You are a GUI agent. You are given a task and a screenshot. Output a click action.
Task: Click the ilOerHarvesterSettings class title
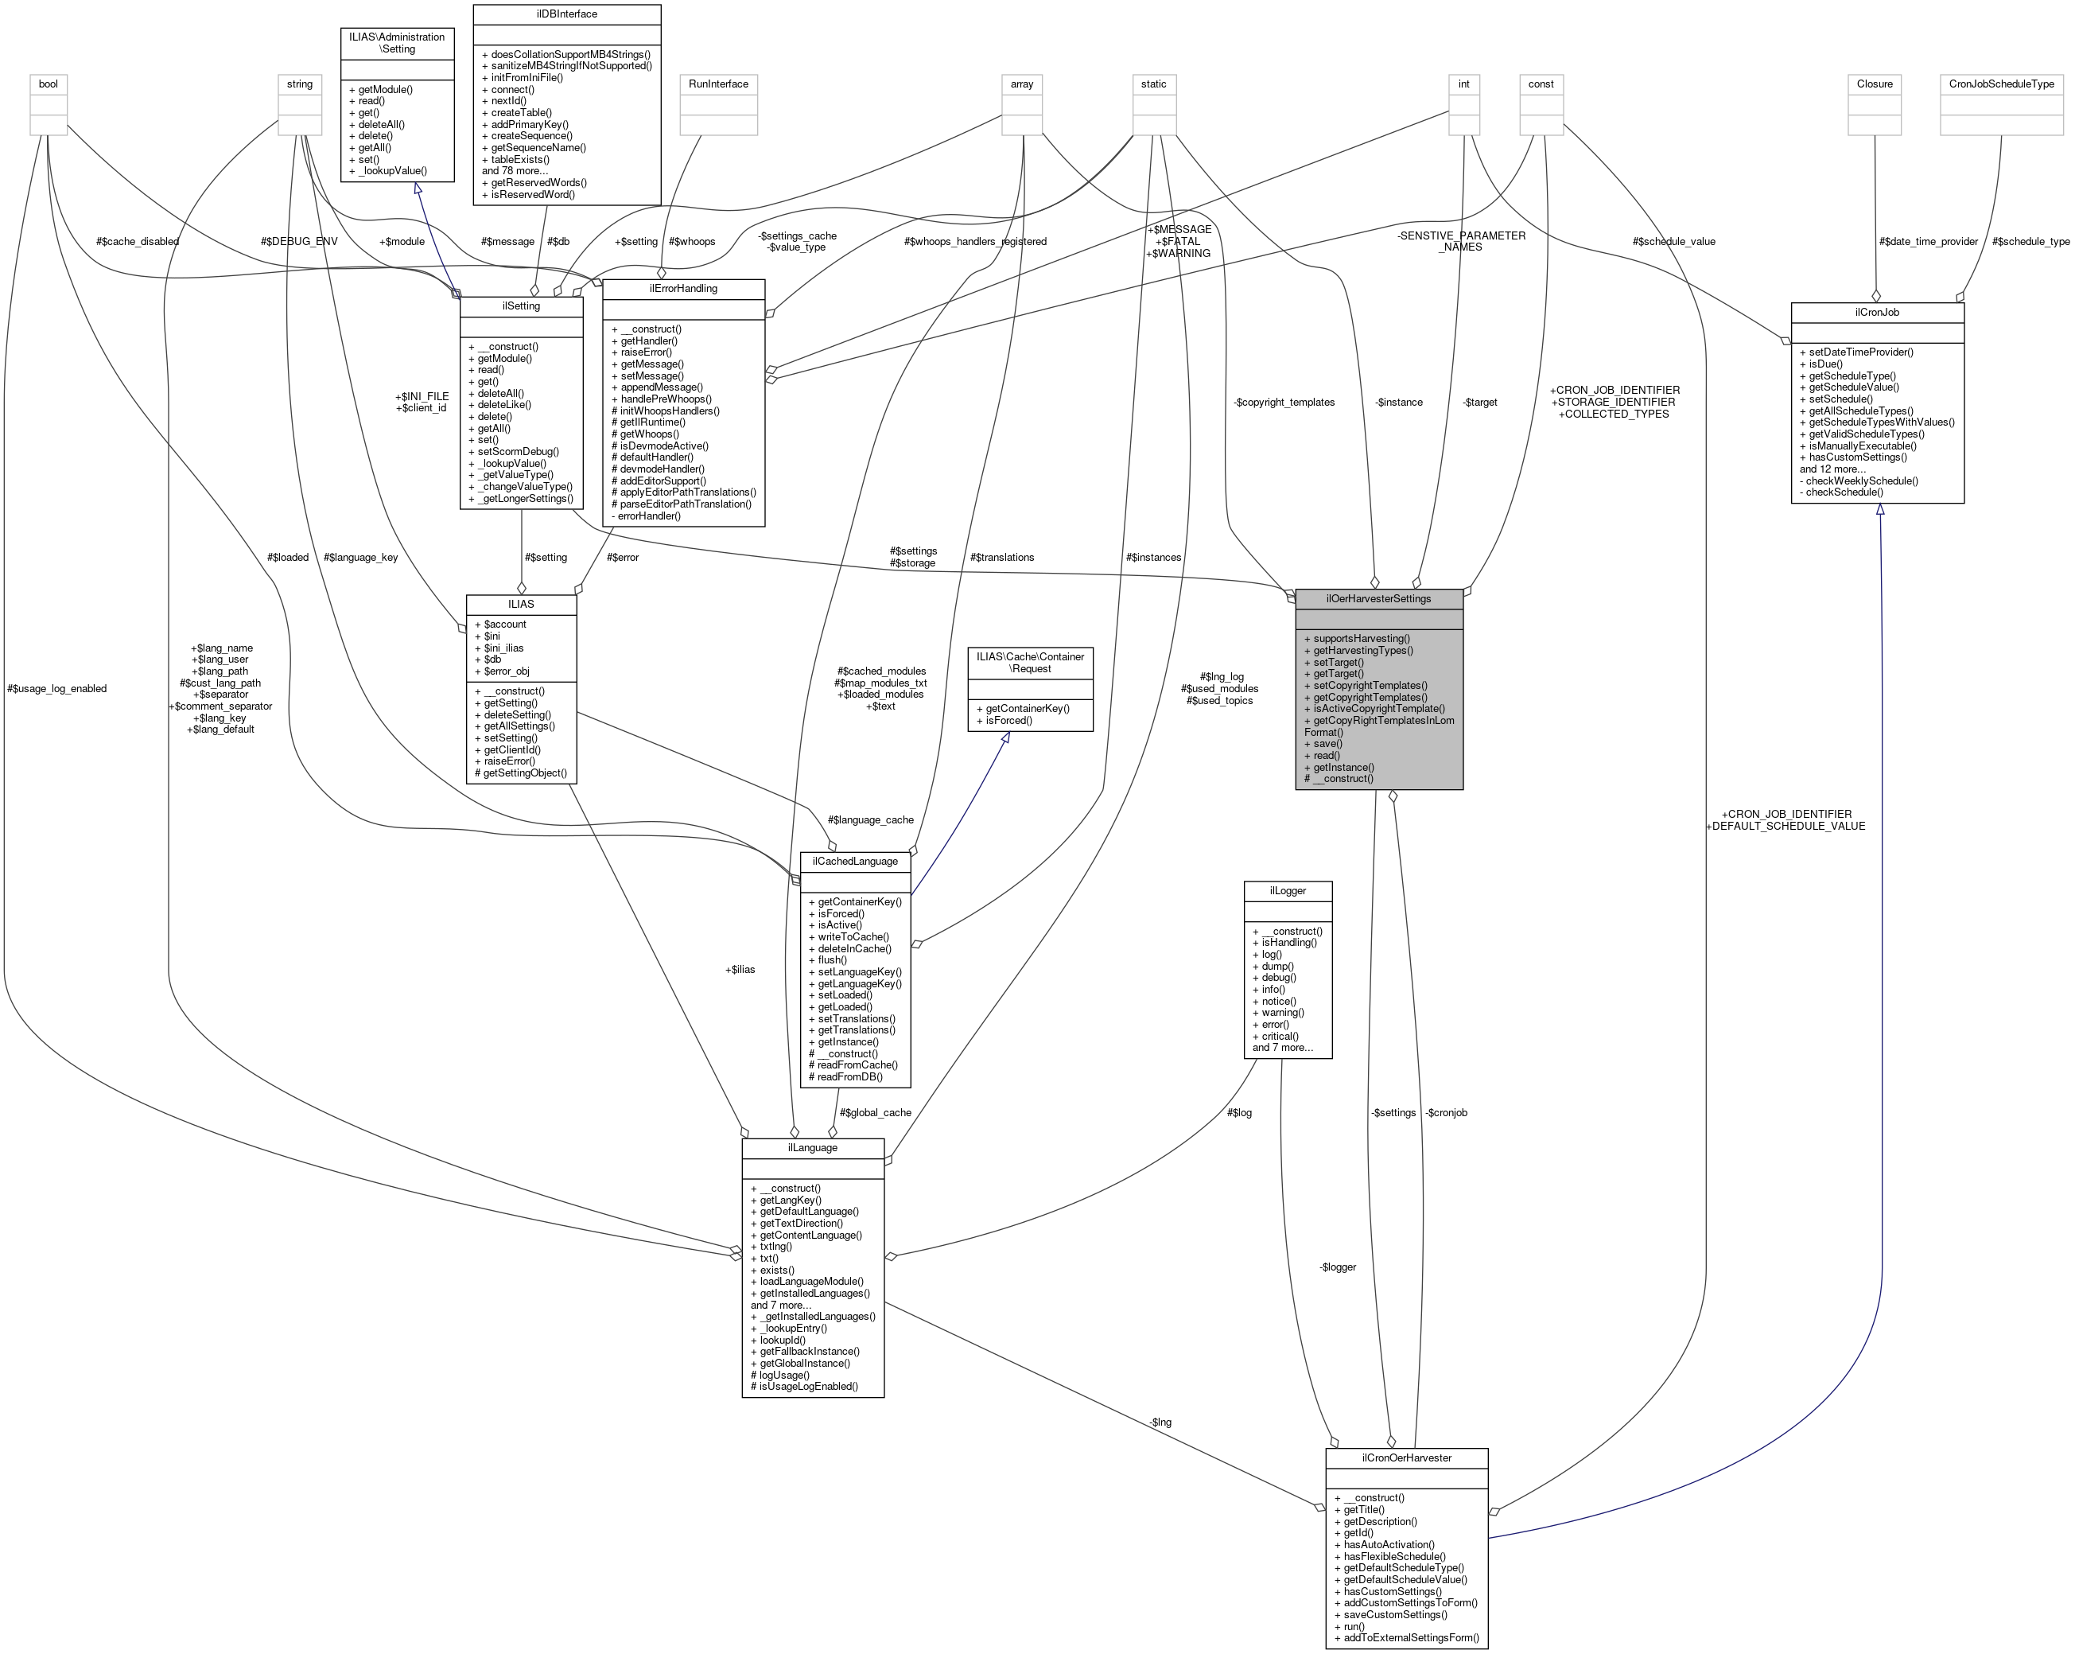tap(1378, 599)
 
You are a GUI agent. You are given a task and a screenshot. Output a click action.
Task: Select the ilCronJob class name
tap(1876, 312)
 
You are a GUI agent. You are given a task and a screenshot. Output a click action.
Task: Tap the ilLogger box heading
tap(1287, 890)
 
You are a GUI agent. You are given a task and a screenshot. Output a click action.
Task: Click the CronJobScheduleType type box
tap(2001, 84)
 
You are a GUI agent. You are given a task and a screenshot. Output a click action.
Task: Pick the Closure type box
tap(1874, 84)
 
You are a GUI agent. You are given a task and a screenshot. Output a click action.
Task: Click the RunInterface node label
tap(718, 84)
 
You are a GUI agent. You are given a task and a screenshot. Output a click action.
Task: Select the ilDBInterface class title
tap(567, 14)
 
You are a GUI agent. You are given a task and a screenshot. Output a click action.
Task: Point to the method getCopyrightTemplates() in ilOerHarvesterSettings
tap(1370, 697)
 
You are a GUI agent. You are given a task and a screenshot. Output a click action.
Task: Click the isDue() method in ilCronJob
tap(1821, 364)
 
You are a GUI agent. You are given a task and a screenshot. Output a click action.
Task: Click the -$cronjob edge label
tap(1446, 1113)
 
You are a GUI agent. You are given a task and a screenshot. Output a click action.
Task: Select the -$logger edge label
tap(1337, 1267)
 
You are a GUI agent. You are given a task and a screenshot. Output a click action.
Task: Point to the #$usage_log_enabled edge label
tap(56, 688)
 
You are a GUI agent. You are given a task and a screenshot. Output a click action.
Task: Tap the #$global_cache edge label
tap(875, 1113)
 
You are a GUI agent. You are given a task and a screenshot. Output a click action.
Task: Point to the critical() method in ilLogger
tap(1279, 1036)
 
